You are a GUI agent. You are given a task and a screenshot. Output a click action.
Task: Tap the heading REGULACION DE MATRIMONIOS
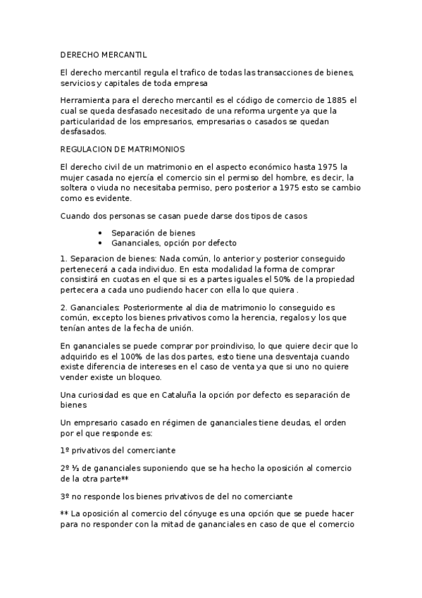[123, 149]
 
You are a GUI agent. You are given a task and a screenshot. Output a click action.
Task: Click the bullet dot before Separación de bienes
[101, 233]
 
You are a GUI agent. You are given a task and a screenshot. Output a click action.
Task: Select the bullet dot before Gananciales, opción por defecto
[101, 243]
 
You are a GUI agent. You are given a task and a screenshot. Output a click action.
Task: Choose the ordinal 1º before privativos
[66, 450]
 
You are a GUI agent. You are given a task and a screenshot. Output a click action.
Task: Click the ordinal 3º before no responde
[66, 496]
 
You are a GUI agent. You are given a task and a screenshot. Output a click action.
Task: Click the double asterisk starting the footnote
[66, 515]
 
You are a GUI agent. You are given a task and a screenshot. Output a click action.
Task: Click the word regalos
[291, 318]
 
